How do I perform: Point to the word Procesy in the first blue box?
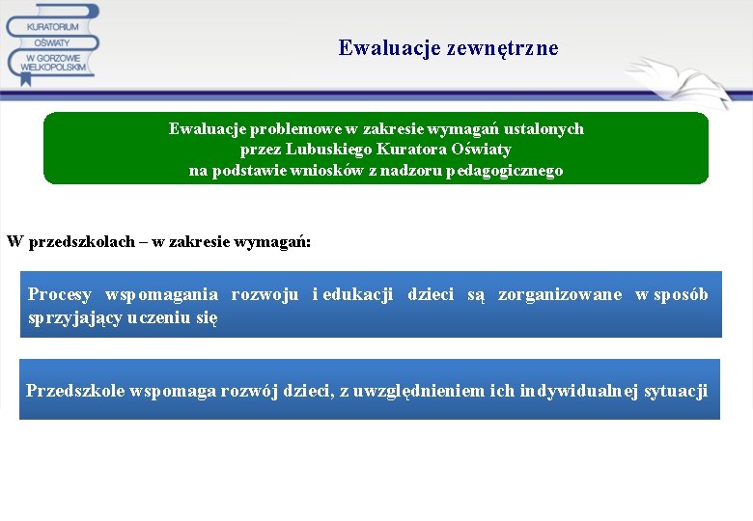click(60, 294)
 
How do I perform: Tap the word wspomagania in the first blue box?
click(161, 294)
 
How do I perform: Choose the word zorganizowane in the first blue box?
click(560, 294)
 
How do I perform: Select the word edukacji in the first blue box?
click(358, 294)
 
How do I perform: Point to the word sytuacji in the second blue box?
click(675, 391)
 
